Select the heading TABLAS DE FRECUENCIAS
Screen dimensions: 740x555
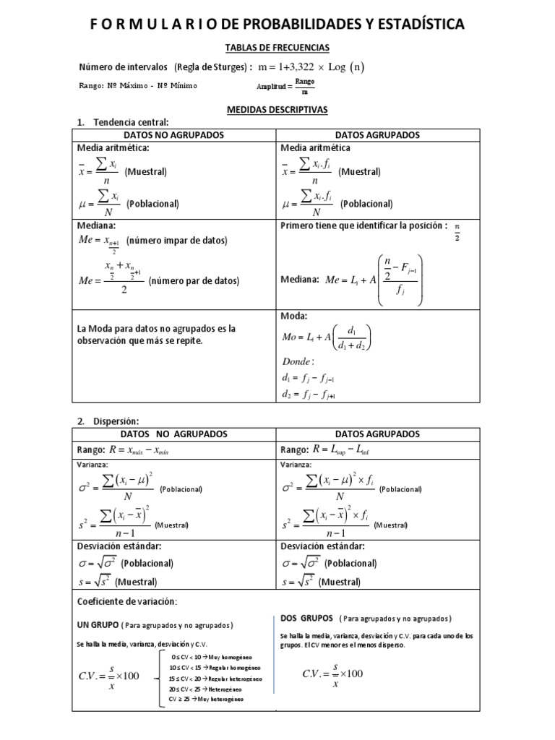277,48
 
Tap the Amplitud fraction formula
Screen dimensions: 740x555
285,87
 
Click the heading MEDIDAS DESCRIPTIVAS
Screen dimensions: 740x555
277,109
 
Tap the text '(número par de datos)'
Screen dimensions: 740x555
194,280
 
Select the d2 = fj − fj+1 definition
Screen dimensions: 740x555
309,395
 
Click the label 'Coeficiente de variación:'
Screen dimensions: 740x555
126,601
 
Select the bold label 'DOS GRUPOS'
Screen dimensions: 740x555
306,619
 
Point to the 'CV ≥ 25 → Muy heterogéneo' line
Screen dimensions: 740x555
206,700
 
